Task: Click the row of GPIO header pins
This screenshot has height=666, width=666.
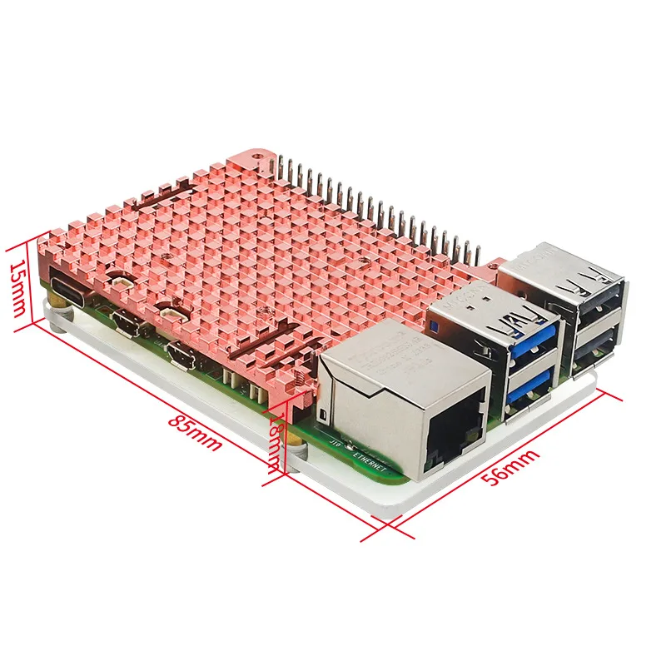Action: pos(375,204)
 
